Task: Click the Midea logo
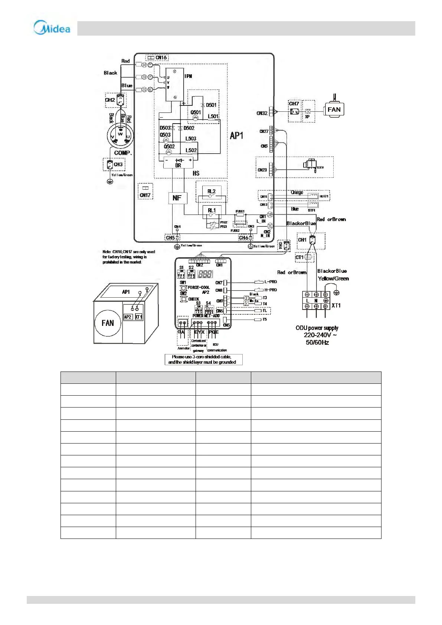pyautogui.click(x=52, y=28)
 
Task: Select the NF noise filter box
pyautogui.click(x=177, y=198)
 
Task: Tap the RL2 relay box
pyautogui.click(x=212, y=192)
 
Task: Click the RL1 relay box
pyautogui.click(x=212, y=211)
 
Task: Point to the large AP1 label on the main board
pyautogui.click(x=236, y=135)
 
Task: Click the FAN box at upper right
pyautogui.click(x=334, y=109)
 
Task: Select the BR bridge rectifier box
pyautogui.click(x=178, y=163)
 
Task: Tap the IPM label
pyautogui.click(x=189, y=76)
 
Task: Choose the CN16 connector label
pyautogui.click(x=161, y=58)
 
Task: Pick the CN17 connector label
pyautogui.click(x=145, y=195)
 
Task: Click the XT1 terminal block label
pyautogui.click(x=336, y=305)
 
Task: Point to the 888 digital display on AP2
pyautogui.click(x=205, y=274)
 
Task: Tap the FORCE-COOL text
pyautogui.click(x=199, y=287)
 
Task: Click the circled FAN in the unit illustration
pyautogui.click(x=108, y=323)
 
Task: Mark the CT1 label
pyautogui.click(x=299, y=257)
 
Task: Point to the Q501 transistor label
pyautogui.click(x=196, y=112)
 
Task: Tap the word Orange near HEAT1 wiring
pyautogui.click(x=297, y=192)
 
